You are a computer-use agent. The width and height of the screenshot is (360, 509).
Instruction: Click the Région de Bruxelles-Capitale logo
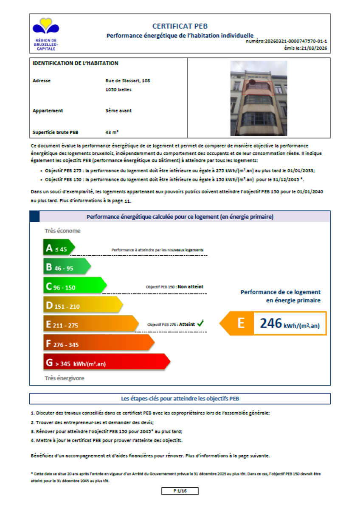[46, 33]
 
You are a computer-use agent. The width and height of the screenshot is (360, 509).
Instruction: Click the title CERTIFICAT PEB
[180, 26]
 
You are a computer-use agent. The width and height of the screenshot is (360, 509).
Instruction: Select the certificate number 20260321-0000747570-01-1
[295, 42]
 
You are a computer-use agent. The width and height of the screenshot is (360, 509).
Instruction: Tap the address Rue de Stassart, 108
[128, 81]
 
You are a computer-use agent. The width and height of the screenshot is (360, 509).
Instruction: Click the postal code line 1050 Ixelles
[118, 89]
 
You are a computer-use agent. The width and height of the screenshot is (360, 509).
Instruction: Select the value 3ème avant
[118, 111]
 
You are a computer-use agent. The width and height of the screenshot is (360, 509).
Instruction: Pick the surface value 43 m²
[112, 132]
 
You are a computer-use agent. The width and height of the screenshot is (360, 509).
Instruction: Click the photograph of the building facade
[259, 98]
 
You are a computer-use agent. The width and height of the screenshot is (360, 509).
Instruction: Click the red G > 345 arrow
[106, 363]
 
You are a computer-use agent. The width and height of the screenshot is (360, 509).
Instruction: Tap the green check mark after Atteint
[200, 324]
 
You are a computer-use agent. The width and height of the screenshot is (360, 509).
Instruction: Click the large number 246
[271, 324]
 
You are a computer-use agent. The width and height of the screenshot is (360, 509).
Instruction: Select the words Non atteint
[191, 287]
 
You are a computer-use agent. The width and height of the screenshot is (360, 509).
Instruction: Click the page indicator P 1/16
[180, 491]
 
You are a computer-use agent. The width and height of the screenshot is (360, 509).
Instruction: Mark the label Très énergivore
[65, 378]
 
